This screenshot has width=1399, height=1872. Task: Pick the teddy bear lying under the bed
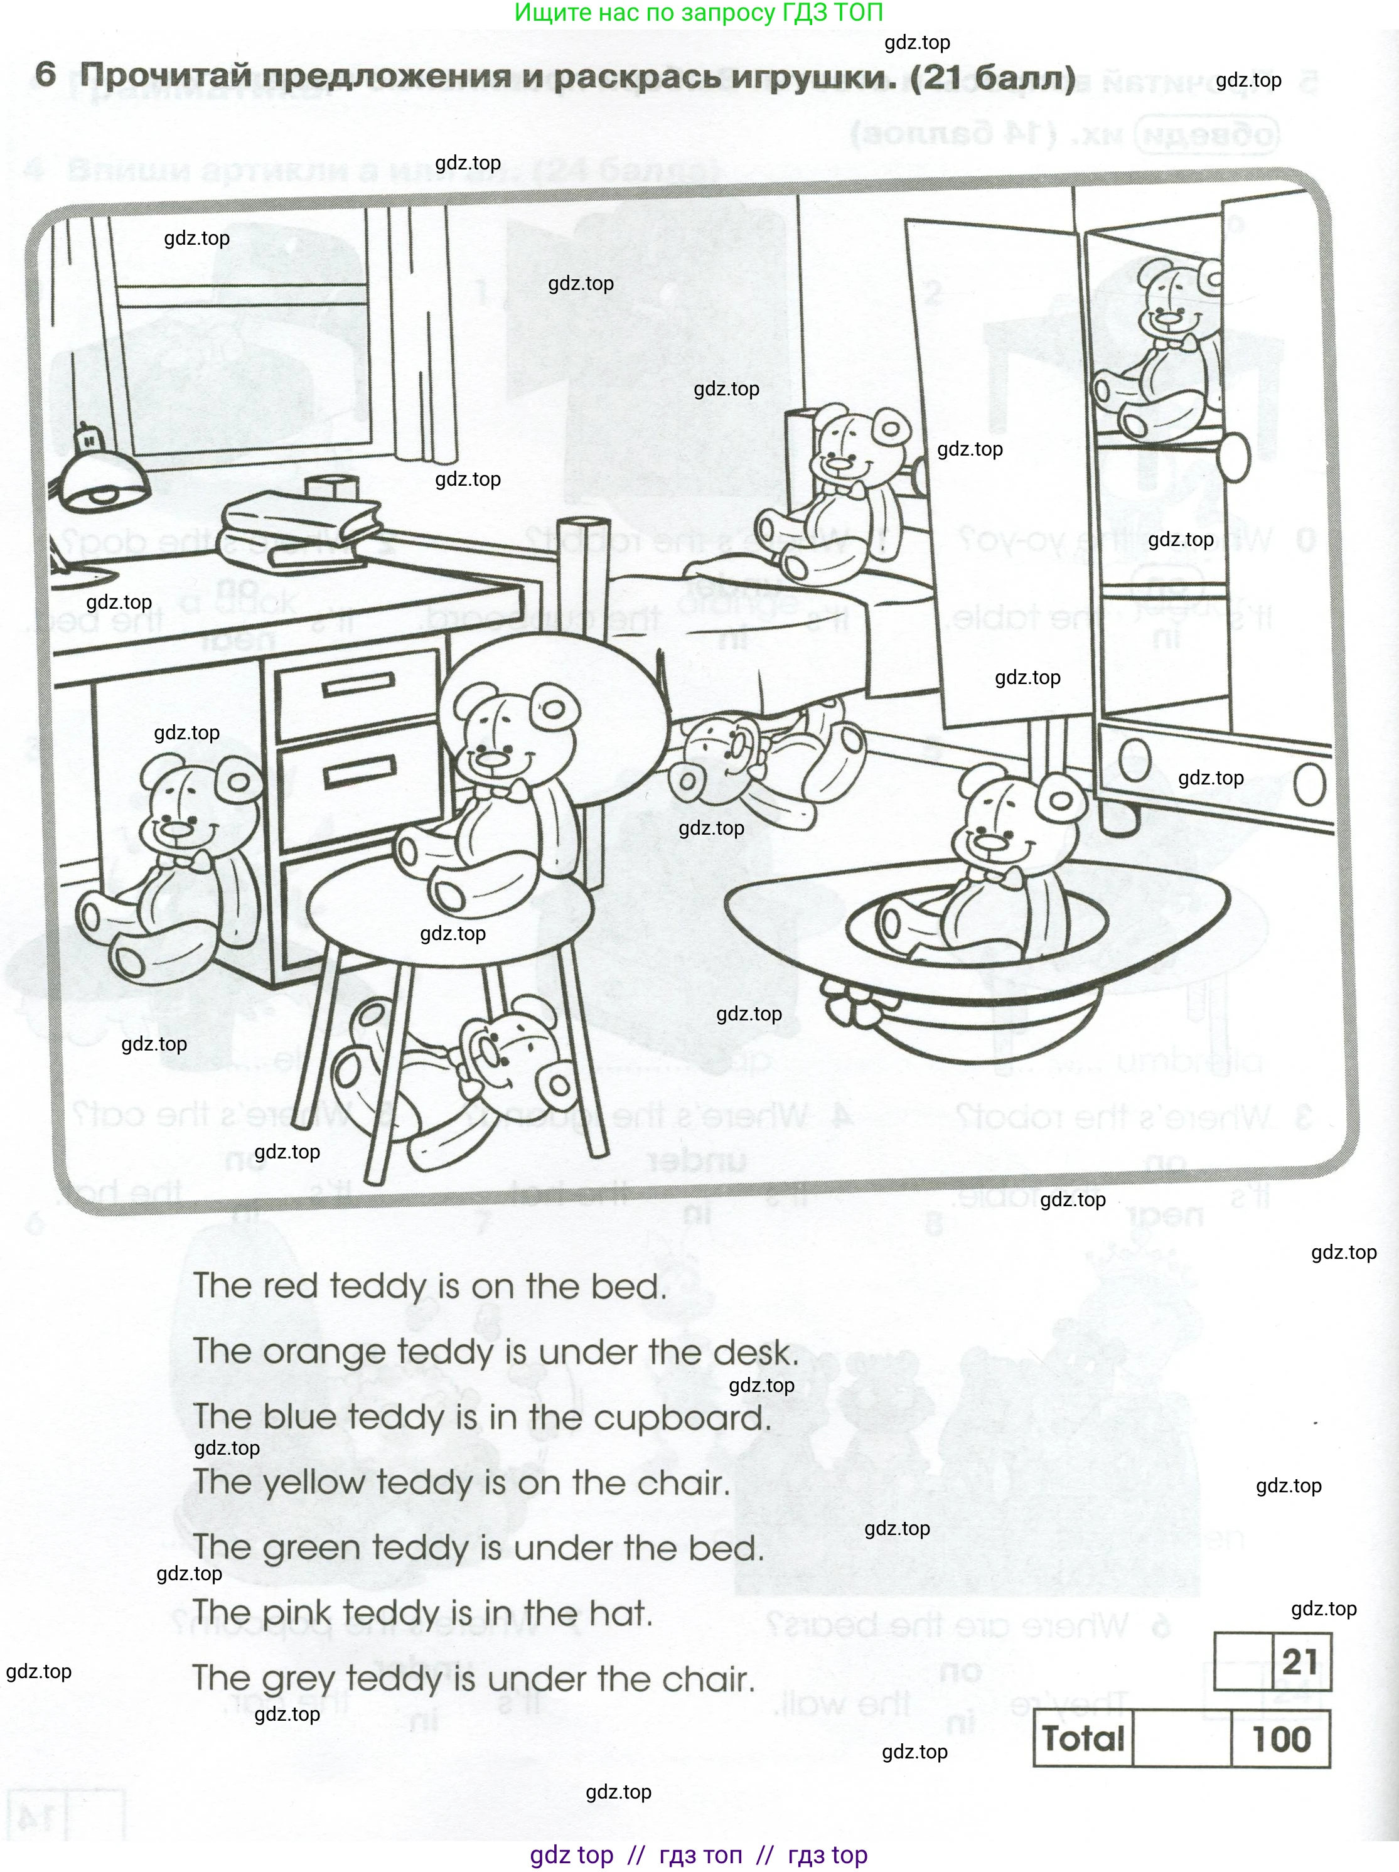coord(762,762)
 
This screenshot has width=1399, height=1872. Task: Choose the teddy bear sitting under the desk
coord(169,864)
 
